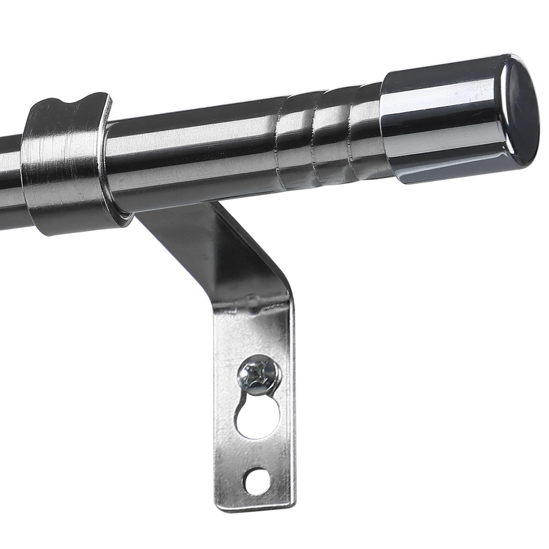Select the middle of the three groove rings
coord(317,136)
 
